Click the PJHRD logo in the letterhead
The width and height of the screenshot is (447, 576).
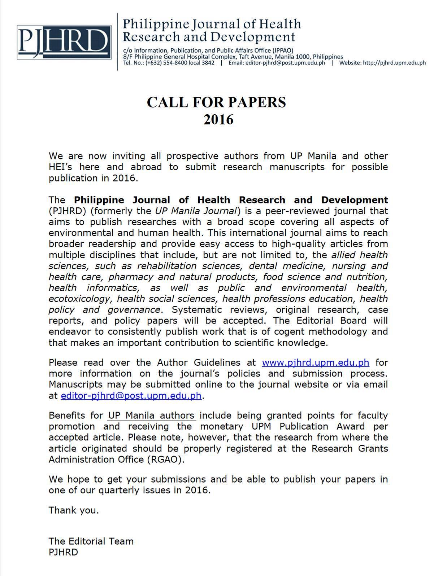click(64, 42)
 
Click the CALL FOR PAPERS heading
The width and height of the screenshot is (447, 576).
click(216, 102)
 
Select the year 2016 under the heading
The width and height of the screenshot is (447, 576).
click(218, 120)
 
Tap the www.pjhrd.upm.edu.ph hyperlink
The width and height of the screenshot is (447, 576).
click(315, 362)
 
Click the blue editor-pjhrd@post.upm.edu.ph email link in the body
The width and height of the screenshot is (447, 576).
click(131, 396)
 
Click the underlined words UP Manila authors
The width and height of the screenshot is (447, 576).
click(151, 415)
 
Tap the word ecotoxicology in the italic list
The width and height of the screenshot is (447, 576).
click(79, 299)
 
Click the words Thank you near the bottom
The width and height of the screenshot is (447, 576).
click(74, 510)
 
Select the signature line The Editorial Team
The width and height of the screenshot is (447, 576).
click(91, 541)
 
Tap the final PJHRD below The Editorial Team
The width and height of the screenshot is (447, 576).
click(63, 552)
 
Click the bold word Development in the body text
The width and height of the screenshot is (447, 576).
click(355, 200)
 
